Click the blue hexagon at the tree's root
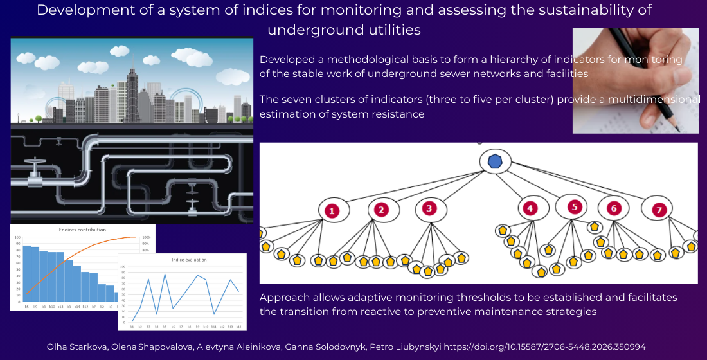494,161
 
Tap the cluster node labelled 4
530,208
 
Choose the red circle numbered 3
430,208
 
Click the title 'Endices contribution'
82,230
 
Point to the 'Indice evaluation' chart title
184,260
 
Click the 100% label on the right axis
146,237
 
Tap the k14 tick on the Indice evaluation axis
238,327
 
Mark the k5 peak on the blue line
165,274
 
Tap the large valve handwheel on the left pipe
33,163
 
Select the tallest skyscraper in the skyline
132,93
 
